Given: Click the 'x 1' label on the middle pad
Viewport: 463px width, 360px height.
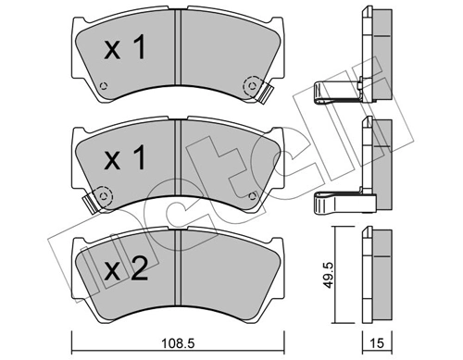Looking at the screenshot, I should [x=123, y=161].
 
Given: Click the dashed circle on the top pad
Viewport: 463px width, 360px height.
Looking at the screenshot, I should [x=250, y=88].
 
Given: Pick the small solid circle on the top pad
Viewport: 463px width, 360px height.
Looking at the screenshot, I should [x=104, y=89].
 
